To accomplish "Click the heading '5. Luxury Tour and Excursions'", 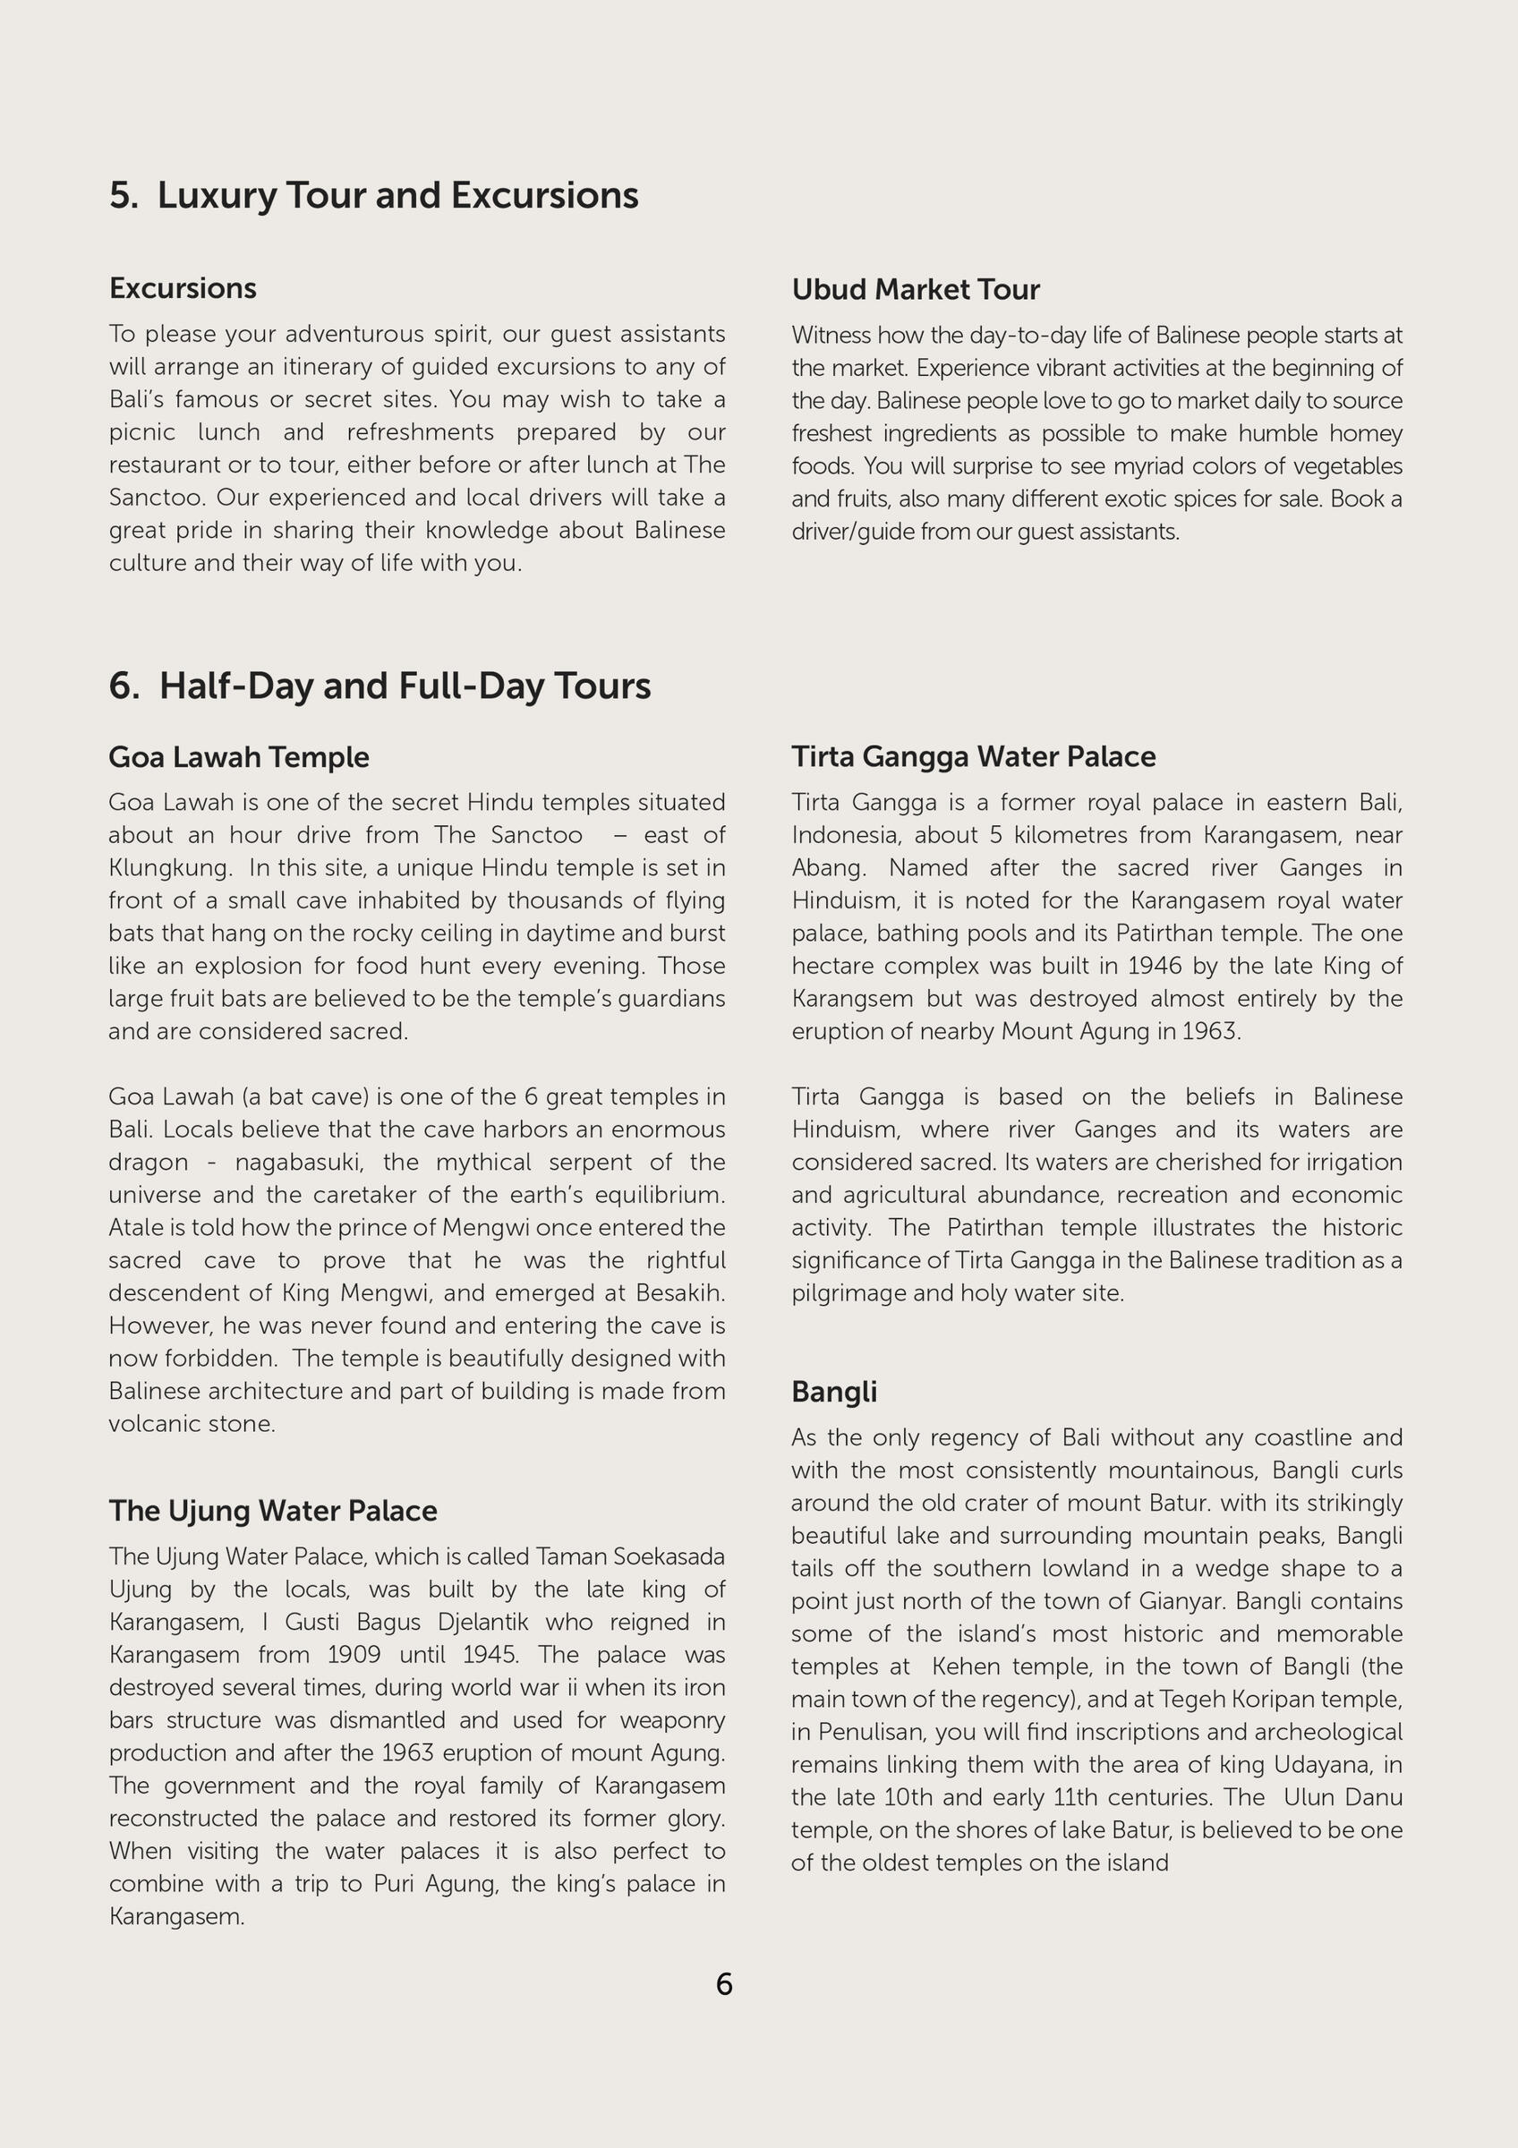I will [x=373, y=195].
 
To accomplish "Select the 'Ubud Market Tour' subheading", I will [x=915, y=290].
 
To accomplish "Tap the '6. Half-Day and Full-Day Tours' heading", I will [x=379, y=686].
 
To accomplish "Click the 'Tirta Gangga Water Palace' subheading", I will [x=973, y=756].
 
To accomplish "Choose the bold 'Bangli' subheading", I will [x=833, y=1391].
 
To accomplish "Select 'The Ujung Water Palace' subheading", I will [x=272, y=1510].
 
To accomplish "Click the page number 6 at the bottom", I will [x=724, y=1983].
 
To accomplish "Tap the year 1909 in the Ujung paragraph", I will [x=354, y=1654].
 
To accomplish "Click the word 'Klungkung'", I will [x=168, y=867].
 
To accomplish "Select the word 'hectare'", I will [x=832, y=966].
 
